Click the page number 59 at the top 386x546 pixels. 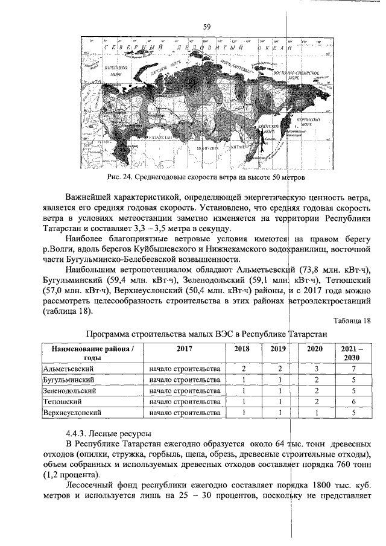point(206,27)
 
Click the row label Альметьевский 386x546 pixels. point(68,368)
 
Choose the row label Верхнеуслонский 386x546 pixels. point(72,413)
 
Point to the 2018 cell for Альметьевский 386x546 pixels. point(242,368)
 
